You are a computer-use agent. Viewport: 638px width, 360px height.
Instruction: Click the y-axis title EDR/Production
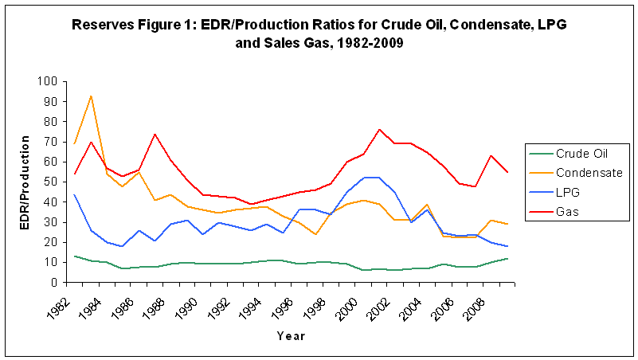coord(25,182)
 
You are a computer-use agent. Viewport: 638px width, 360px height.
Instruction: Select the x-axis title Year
coord(291,336)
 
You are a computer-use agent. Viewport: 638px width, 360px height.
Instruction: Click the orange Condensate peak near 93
coord(92,96)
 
